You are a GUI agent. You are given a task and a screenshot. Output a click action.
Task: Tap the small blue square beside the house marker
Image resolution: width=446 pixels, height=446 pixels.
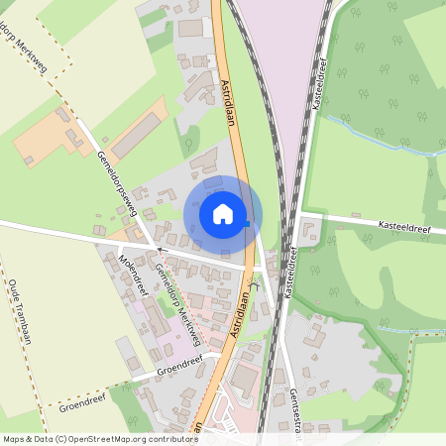[x=247, y=224]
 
